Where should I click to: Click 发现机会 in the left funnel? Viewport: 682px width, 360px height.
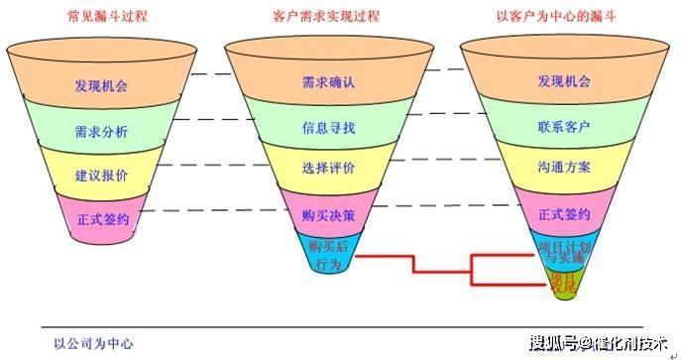[x=100, y=85]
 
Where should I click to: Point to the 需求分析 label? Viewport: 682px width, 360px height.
[x=100, y=131]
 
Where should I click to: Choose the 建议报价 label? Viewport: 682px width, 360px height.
[x=100, y=175]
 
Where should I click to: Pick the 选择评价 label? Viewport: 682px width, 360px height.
[x=327, y=170]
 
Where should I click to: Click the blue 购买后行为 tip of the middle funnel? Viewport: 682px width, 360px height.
[x=326, y=253]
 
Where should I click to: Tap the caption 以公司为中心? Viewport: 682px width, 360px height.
[x=93, y=344]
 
